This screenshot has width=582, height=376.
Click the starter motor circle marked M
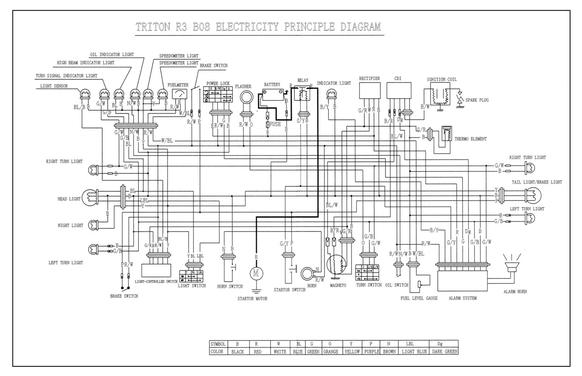tap(256, 273)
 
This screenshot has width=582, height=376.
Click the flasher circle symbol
tap(247, 98)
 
